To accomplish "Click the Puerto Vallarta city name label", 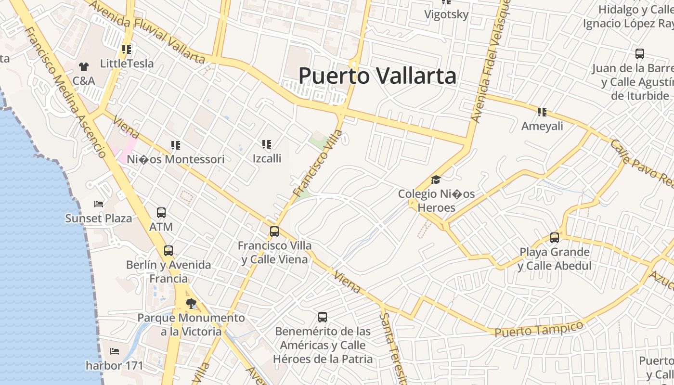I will pyautogui.click(x=377, y=76).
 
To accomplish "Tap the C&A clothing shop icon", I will pyautogui.click(x=84, y=66).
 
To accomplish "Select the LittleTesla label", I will pyautogui.click(x=127, y=64).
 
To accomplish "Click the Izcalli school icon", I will pyautogui.click(x=267, y=144).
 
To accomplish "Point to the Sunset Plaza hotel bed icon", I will pyautogui.click(x=99, y=204).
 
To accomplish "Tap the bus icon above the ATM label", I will pyautogui.click(x=161, y=212).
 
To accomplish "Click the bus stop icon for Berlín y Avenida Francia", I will pyautogui.click(x=168, y=251).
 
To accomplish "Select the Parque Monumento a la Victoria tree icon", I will pyautogui.click(x=191, y=303).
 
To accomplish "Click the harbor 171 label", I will pyautogui.click(x=115, y=366).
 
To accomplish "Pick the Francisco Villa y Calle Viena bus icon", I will pyautogui.click(x=274, y=231).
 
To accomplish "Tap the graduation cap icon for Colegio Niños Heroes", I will pyautogui.click(x=436, y=180).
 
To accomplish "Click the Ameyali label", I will pyautogui.click(x=542, y=126).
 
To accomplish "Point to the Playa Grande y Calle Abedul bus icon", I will pyautogui.click(x=555, y=238).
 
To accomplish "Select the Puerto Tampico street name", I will pyautogui.click(x=539, y=329).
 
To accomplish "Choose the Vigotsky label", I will pyautogui.click(x=446, y=14).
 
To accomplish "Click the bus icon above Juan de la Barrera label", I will pyautogui.click(x=640, y=54).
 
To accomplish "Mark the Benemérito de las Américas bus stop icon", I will pyautogui.click(x=323, y=317).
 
